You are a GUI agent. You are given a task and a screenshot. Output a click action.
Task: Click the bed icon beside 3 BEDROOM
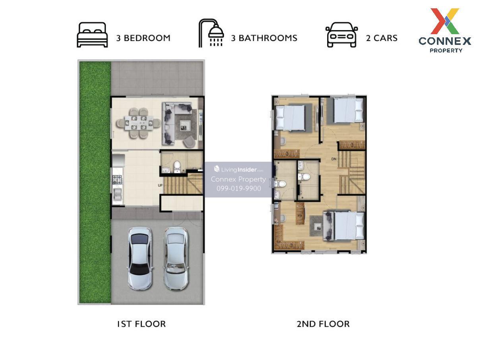click(x=92, y=35)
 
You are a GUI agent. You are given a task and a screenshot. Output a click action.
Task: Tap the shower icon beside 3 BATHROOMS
click(x=211, y=33)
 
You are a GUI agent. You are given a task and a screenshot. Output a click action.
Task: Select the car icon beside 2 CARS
click(x=341, y=35)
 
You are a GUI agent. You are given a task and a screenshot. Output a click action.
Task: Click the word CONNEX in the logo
click(x=445, y=41)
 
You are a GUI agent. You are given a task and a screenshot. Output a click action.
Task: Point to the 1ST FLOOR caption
click(x=141, y=324)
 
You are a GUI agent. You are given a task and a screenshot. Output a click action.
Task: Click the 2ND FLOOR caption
click(x=323, y=324)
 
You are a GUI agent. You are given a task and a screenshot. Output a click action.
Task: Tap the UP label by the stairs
click(x=160, y=186)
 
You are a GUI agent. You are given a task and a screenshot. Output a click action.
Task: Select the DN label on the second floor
click(x=334, y=159)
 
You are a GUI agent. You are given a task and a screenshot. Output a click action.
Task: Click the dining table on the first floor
click(x=139, y=123)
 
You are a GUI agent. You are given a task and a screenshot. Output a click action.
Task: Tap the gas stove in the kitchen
click(x=117, y=179)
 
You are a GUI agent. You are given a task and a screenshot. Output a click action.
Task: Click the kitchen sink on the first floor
click(x=117, y=194)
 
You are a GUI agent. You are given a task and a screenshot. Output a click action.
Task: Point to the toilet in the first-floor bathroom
click(x=177, y=166)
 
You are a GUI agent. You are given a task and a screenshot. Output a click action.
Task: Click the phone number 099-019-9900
click(x=239, y=188)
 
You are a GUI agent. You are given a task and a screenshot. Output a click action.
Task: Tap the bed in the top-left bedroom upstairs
click(x=290, y=118)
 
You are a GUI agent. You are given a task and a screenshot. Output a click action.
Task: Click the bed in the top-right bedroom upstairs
click(x=349, y=110)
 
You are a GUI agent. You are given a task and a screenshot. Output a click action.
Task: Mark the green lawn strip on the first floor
click(x=95, y=182)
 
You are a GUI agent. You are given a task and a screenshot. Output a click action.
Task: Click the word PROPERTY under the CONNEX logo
click(x=446, y=50)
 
